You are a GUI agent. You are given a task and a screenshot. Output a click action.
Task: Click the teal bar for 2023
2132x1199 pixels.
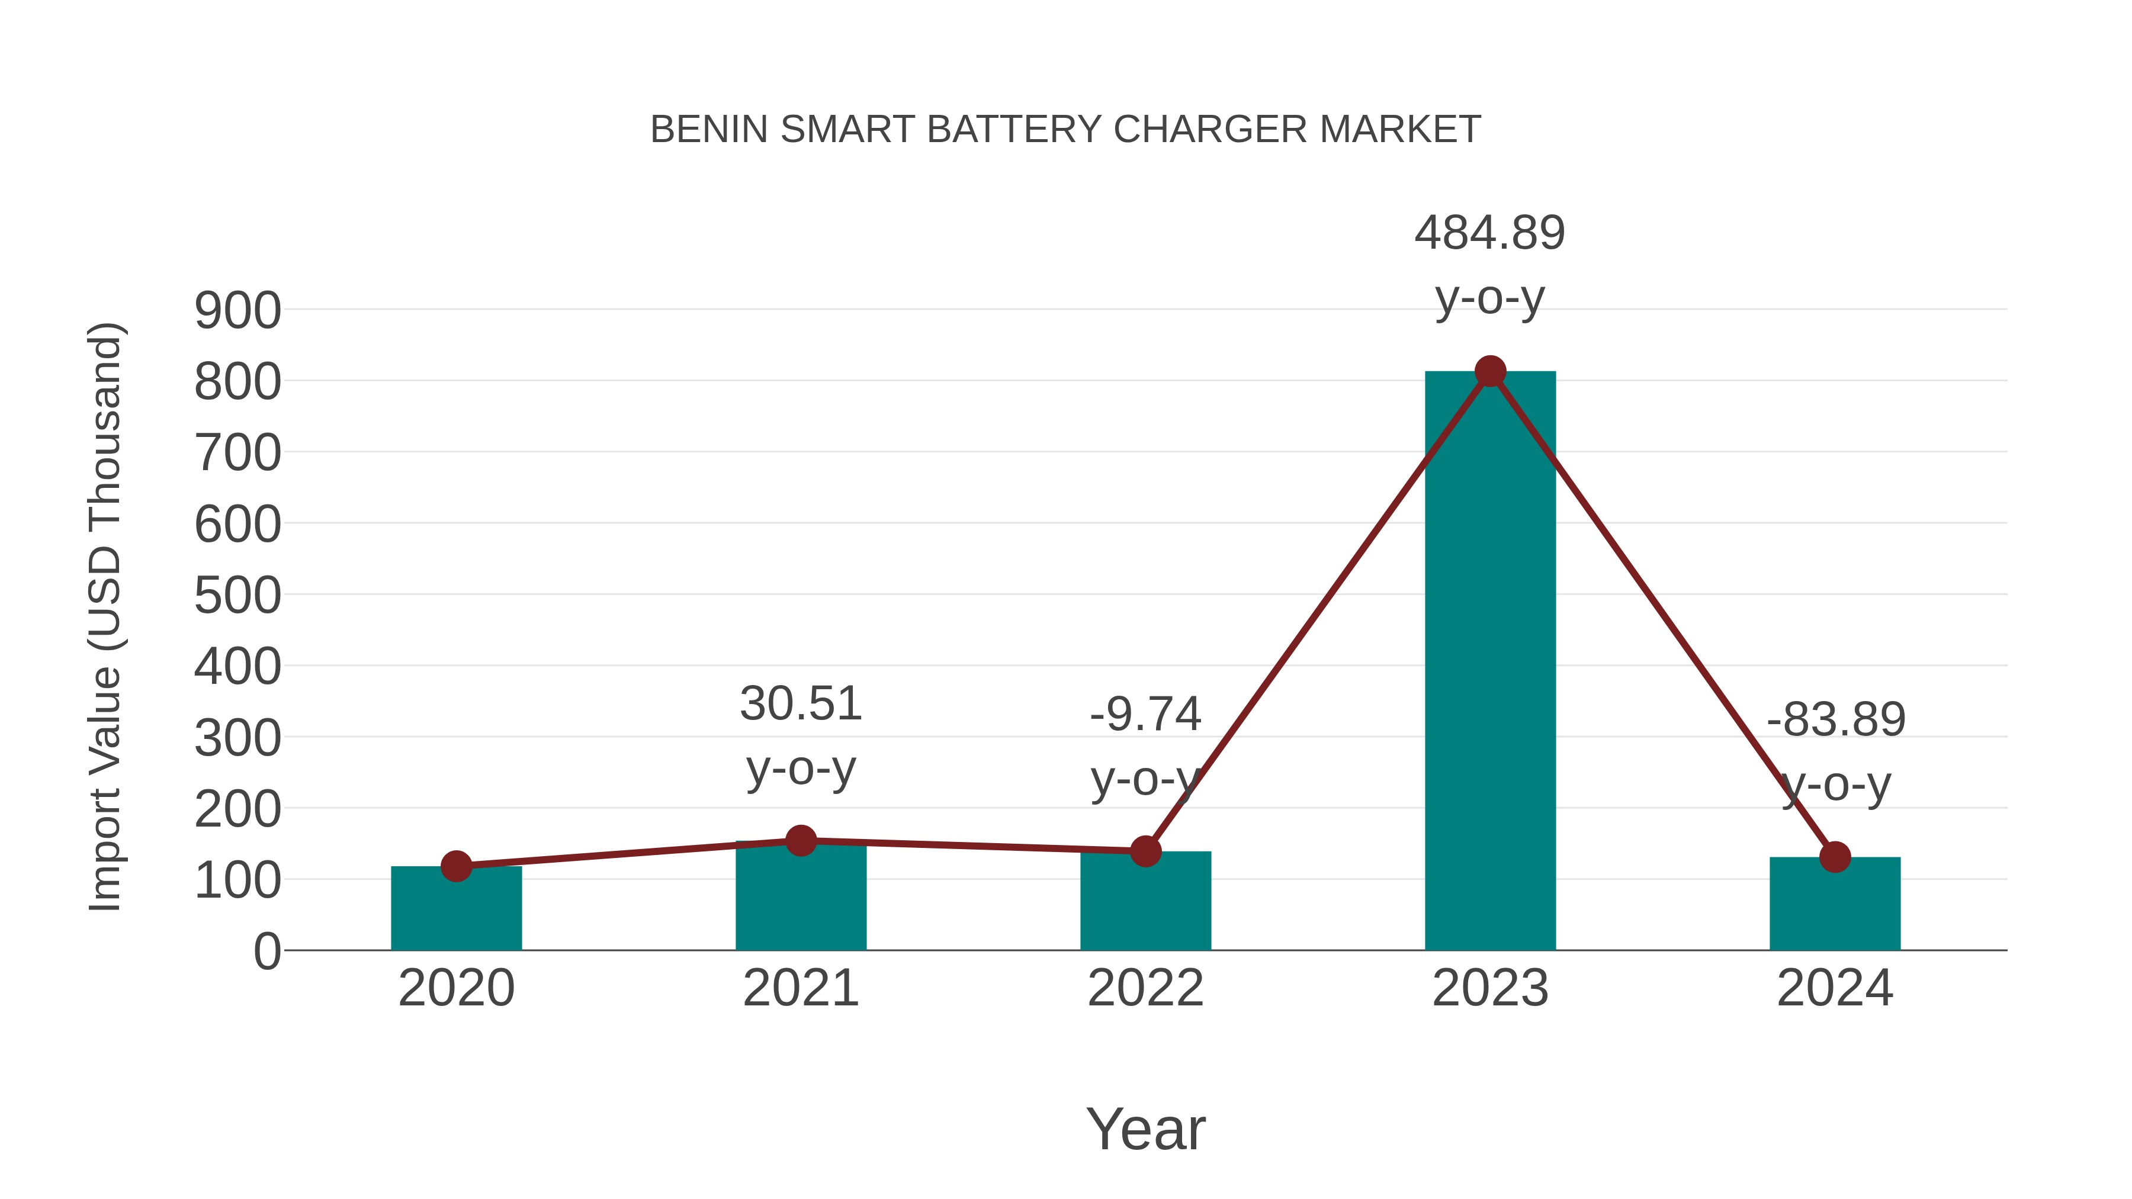tap(1490, 662)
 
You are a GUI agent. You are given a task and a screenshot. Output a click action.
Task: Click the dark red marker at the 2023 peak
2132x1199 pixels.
tap(1490, 371)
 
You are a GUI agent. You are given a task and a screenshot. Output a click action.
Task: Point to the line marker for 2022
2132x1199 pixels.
tap(1145, 851)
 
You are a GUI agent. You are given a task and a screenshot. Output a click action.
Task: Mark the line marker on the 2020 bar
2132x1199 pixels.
tap(456, 866)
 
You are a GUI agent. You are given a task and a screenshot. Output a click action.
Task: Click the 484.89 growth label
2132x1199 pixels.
tap(1490, 233)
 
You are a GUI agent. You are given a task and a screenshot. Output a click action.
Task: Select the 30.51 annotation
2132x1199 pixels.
tap(800, 704)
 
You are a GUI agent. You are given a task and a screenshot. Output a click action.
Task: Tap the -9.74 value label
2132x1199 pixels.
tap(1145, 714)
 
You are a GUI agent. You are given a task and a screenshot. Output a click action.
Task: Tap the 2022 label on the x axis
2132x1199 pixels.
tap(1145, 988)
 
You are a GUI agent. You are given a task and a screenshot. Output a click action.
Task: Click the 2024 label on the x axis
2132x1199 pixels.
tap(1835, 988)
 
